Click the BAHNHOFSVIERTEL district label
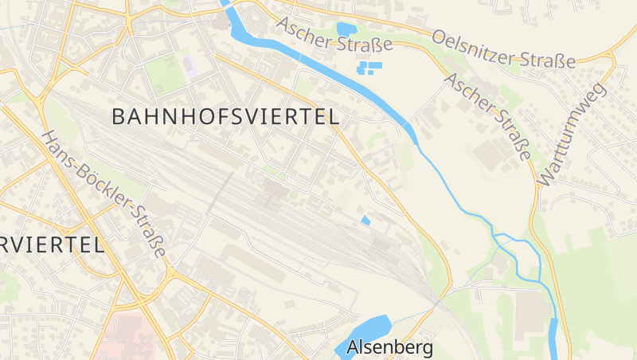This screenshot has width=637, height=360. (x=225, y=116)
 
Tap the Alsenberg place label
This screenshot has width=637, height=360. (x=390, y=347)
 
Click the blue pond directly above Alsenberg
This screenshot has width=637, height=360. (x=370, y=328)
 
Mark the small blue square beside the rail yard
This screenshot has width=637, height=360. (x=365, y=220)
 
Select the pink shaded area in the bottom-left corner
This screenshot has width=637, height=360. (x=127, y=335)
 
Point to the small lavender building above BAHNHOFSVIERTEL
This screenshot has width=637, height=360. (x=190, y=65)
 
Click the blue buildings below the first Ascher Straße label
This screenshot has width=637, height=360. (x=368, y=68)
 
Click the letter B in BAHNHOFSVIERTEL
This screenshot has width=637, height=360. (x=119, y=116)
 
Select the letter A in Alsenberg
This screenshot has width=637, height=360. (x=354, y=347)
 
